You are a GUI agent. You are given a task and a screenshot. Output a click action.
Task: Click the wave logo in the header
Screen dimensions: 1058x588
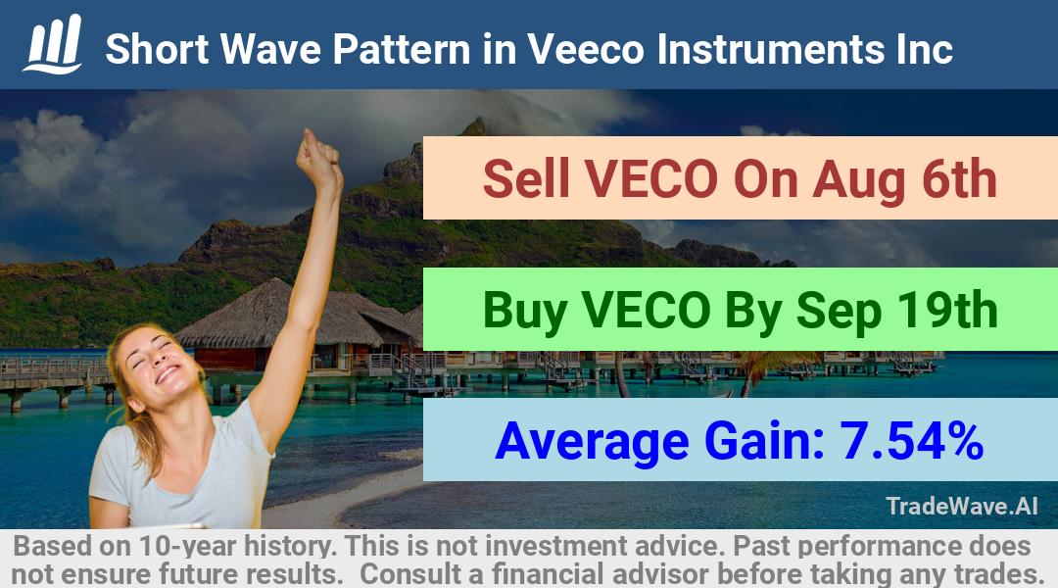53,44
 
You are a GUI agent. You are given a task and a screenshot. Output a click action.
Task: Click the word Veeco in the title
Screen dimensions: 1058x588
586,49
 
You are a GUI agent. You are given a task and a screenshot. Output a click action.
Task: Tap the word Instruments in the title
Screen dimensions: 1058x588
770,49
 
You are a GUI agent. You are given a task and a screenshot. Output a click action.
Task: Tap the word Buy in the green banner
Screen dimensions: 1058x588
525,311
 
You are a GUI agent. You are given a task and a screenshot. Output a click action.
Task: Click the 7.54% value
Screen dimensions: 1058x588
911,440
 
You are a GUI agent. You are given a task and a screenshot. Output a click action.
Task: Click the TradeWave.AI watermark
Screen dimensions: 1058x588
962,506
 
